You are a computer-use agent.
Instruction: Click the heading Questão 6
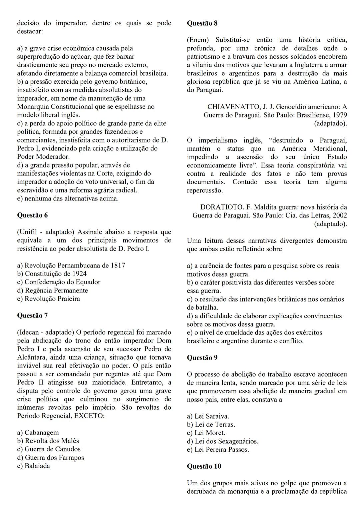tap(32, 215)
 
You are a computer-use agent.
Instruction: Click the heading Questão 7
tap(32, 316)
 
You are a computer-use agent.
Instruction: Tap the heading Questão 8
tap(202, 23)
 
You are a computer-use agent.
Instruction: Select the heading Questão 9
tap(202, 358)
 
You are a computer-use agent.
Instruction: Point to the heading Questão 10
tap(204, 466)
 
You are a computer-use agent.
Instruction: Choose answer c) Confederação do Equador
tap(59, 282)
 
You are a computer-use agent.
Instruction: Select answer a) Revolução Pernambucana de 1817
tap(71, 265)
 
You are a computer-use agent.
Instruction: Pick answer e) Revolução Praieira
tap(48, 299)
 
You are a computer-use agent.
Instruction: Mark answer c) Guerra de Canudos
tap(49, 449)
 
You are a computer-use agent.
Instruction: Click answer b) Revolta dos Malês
tap(48, 441)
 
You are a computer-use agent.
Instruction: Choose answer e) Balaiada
tap(33, 466)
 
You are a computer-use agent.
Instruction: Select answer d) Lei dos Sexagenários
tap(222, 441)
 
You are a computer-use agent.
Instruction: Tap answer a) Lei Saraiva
tap(208, 416)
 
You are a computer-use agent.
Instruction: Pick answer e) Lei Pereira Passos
tap(218, 450)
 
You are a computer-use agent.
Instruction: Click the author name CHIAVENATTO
tap(234, 107)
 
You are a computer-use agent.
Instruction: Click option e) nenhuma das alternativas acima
tap(68, 198)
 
